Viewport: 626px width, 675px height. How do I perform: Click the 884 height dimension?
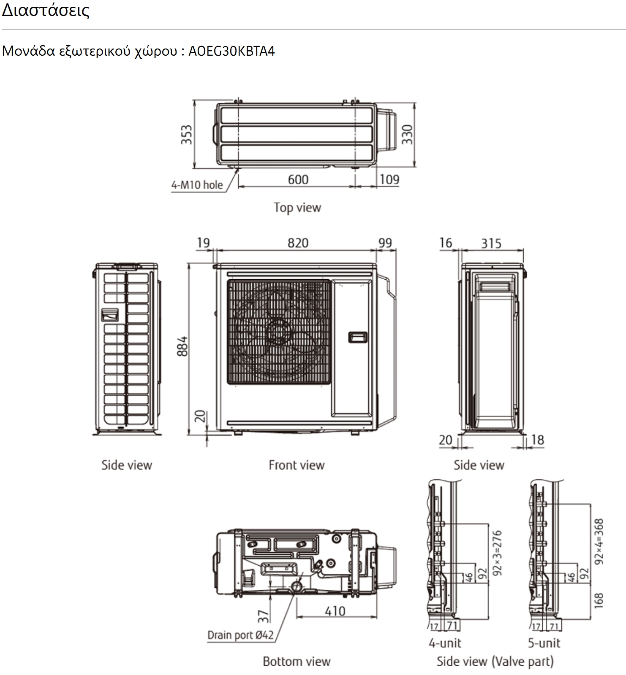182,346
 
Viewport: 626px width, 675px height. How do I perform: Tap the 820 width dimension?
298,243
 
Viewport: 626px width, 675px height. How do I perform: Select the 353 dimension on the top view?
187,135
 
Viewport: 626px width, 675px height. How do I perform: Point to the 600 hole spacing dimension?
298,180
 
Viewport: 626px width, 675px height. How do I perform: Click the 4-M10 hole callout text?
197,185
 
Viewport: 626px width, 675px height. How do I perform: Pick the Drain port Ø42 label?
240,634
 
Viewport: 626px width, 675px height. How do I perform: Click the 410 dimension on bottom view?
335,611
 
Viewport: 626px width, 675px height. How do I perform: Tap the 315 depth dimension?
491,243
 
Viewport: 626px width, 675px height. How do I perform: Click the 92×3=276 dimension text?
497,553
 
